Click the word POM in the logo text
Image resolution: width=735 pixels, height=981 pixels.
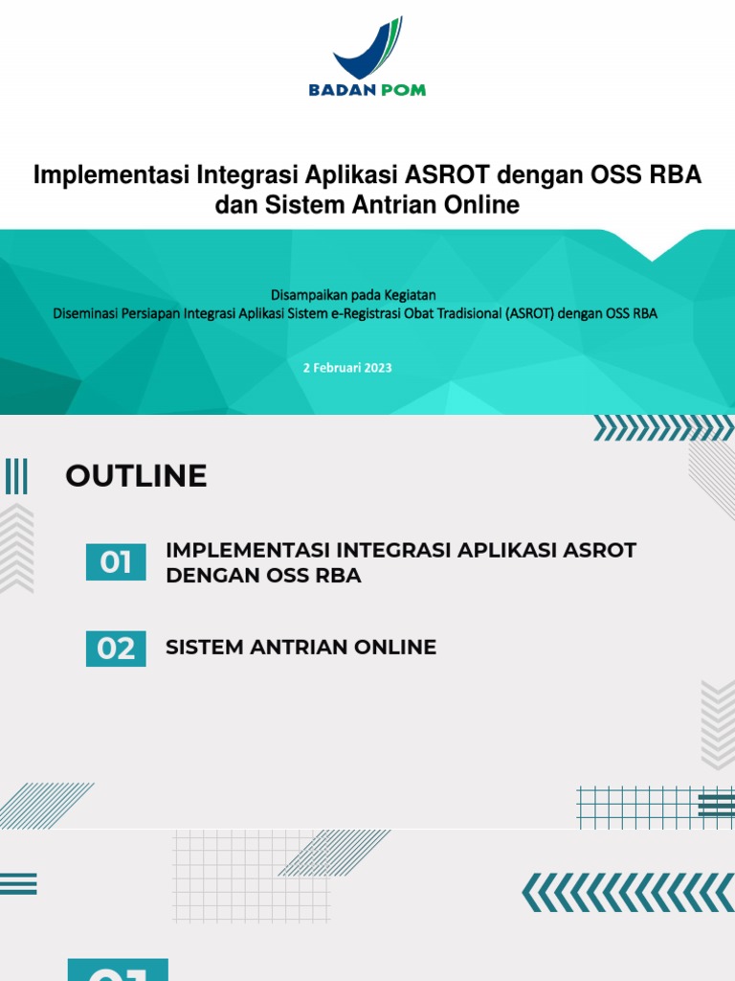(403, 90)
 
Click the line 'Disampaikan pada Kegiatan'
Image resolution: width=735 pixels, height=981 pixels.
(353, 296)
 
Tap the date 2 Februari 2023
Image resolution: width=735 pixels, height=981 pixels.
(347, 367)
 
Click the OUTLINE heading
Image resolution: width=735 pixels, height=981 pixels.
(136, 476)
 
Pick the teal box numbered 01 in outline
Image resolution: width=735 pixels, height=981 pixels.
(116, 562)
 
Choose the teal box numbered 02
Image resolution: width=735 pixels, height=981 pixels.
(116, 650)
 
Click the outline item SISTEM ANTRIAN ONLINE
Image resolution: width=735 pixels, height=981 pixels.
(301, 648)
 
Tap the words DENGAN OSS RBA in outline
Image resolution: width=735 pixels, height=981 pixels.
(263, 577)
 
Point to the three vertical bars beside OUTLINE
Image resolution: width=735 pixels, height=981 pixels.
(16, 476)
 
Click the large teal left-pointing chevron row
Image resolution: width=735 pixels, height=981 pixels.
(627, 892)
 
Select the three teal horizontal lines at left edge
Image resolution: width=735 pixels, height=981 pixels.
(17, 883)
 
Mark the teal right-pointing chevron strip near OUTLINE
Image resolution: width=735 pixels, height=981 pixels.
(663, 428)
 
